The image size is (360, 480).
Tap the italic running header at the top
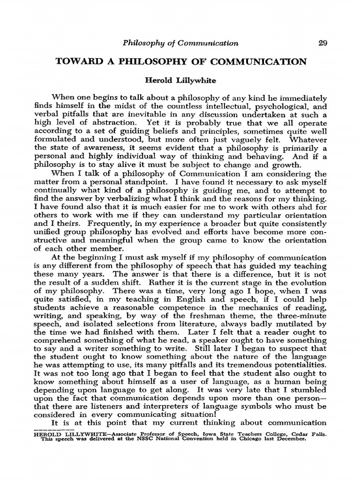pos(180,43)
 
